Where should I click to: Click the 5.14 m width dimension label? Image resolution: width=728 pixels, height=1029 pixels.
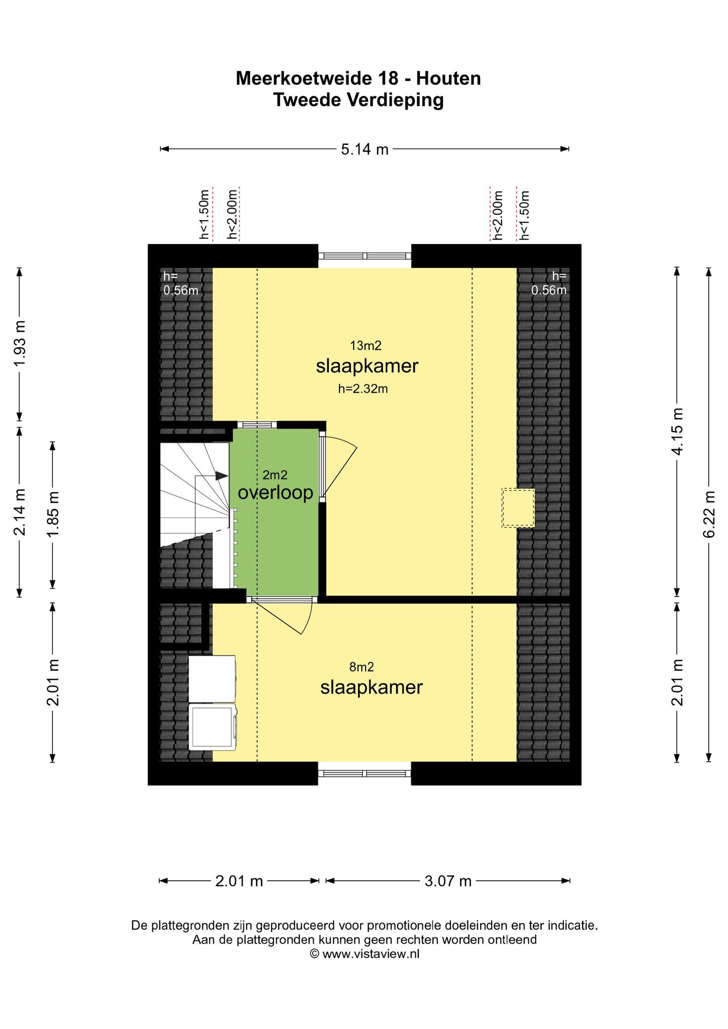[x=365, y=149]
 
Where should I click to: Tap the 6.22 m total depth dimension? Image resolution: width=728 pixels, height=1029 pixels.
[x=709, y=514]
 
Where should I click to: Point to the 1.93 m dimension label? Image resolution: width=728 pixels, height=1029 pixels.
[x=20, y=344]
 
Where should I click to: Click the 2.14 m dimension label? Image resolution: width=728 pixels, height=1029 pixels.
[x=20, y=512]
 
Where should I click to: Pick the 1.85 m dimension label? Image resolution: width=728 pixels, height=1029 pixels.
[x=53, y=514]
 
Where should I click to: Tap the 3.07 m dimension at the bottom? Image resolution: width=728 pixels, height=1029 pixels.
[x=448, y=881]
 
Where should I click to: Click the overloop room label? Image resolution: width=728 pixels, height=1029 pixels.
[x=276, y=493]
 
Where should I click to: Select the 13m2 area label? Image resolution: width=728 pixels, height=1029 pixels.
[x=366, y=346]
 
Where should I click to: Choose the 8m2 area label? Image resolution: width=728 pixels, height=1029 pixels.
[x=361, y=667]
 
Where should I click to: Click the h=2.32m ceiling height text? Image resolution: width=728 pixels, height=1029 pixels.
[x=363, y=388]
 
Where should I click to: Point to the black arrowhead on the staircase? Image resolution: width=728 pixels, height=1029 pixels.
[x=222, y=475]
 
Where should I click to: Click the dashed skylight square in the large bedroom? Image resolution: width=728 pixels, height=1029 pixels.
[x=518, y=508]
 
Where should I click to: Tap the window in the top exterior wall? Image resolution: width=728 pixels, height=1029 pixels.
[x=365, y=256]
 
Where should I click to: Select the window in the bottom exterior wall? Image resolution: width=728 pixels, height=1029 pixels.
[x=365, y=773]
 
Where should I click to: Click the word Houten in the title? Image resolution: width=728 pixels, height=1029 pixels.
[x=448, y=78]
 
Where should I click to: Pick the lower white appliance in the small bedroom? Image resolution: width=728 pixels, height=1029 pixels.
[x=213, y=727]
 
